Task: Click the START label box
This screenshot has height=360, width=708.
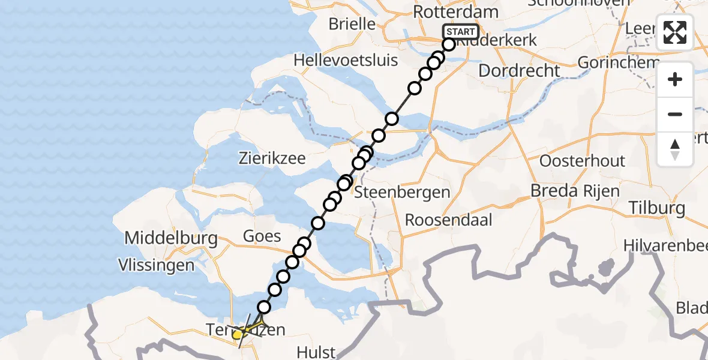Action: click(x=461, y=32)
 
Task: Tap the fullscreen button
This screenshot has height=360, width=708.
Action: click(x=675, y=32)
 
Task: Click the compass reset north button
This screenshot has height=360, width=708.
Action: click(x=675, y=149)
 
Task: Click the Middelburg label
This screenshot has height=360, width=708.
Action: click(x=171, y=238)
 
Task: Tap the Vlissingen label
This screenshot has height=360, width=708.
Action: click(x=156, y=265)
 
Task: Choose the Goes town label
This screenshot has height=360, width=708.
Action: click(x=262, y=236)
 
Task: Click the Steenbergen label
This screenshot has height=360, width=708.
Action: click(x=402, y=193)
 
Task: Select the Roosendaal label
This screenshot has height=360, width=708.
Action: click(x=449, y=220)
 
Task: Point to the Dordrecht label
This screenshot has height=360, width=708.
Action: click(x=520, y=70)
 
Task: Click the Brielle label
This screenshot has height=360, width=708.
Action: click(x=352, y=25)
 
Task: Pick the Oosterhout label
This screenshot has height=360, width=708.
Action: click(x=583, y=161)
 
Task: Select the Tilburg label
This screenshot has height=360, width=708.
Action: click(x=657, y=208)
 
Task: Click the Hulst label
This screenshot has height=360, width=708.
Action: click(x=316, y=352)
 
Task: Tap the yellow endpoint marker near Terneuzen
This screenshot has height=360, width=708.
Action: click(x=238, y=334)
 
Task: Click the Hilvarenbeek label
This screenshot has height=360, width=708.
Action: click(x=666, y=245)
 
